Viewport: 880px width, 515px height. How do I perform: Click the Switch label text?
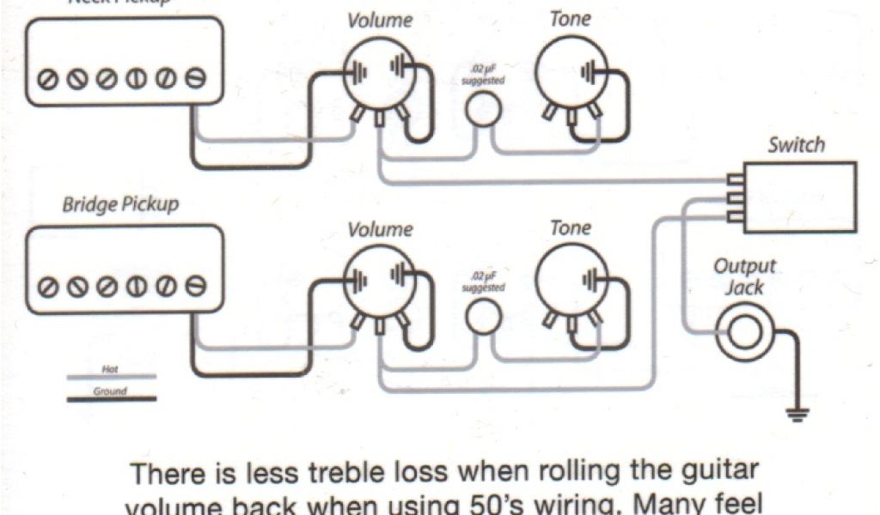click(796, 144)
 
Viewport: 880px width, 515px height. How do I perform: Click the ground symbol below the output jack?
click(798, 415)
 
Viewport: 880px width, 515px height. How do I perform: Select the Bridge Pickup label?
click(120, 205)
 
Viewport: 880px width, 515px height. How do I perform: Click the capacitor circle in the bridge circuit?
click(483, 317)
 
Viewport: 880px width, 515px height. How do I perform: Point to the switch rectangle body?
click(799, 197)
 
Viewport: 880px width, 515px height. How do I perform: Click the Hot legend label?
click(110, 369)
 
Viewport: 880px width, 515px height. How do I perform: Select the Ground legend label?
click(110, 391)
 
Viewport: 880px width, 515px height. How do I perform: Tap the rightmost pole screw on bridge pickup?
click(197, 284)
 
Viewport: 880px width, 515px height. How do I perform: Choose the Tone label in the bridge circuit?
click(571, 227)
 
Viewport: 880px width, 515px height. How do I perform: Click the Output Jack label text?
click(744, 276)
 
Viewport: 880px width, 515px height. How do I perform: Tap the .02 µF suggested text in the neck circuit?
click(483, 75)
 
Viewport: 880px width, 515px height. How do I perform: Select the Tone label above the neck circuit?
click(571, 18)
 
